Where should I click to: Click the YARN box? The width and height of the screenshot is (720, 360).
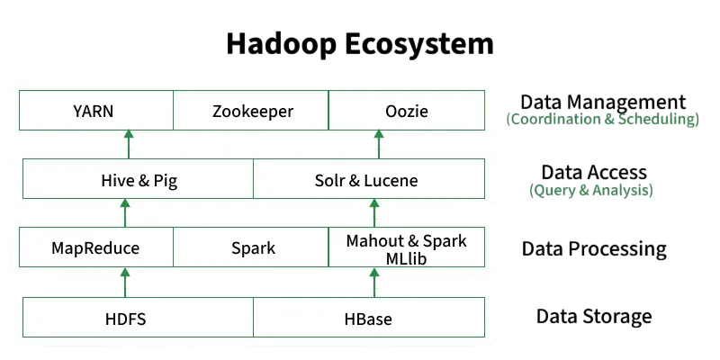(95, 112)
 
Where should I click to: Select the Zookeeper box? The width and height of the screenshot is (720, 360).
(252, 112)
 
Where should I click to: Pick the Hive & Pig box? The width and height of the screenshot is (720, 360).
(139, 180)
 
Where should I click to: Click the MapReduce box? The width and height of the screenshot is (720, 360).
(95, 247)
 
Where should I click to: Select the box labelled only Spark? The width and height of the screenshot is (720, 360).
(252, 247)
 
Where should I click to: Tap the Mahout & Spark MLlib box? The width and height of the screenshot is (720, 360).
(406, 247)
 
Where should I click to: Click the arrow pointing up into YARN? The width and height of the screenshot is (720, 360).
(127, 144)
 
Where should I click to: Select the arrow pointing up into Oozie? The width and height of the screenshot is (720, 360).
(375, 144)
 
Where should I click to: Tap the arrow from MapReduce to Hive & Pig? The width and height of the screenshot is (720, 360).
(125, 212)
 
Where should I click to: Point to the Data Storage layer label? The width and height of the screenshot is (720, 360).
(594, 316)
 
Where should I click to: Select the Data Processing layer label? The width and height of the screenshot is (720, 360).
(594, 248)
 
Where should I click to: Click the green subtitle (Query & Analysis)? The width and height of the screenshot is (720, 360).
(591, 190)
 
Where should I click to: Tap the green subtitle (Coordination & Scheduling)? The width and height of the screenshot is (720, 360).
(602, 119)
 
